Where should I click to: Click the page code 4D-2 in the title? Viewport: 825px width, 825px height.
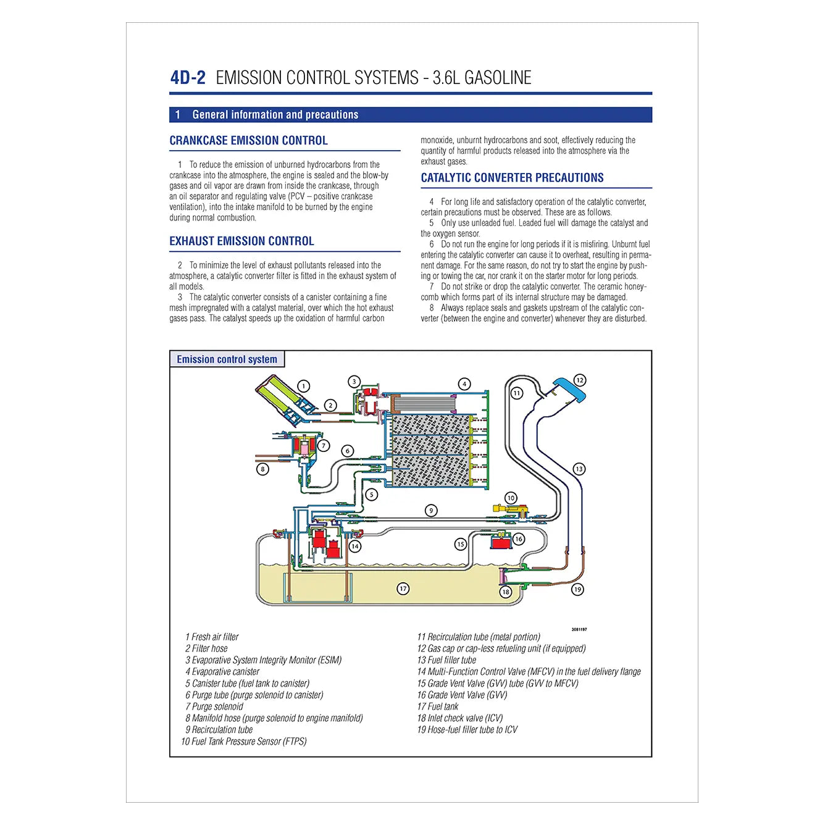pos(188,78)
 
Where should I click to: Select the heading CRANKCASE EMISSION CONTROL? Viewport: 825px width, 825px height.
pos(248,141)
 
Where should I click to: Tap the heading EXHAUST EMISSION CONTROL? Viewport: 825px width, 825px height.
pos(241,241)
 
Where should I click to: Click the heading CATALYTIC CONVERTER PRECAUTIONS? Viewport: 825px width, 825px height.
pos(512,178)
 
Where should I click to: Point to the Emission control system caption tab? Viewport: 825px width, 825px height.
pos(227,359)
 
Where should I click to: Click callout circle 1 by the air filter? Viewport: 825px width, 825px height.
pos(304,386)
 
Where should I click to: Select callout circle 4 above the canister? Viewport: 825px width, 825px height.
pos(464,383)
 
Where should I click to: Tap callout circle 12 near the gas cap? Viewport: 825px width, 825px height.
pos(579,380)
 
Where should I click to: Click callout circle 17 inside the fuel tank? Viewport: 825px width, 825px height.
pos(403,588)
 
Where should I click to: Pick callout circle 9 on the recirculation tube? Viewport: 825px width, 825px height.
pos(431,510)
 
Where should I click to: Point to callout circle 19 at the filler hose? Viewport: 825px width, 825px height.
pos(577,589)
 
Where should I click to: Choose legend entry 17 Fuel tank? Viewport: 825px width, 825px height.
pos(438,706)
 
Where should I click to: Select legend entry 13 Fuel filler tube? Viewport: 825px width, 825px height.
pos(446,660)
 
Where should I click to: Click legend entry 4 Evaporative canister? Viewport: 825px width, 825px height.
pos(222,672)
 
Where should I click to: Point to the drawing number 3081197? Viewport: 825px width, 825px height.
pos(579,629)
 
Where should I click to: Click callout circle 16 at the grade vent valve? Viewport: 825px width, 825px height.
pos(518,539)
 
